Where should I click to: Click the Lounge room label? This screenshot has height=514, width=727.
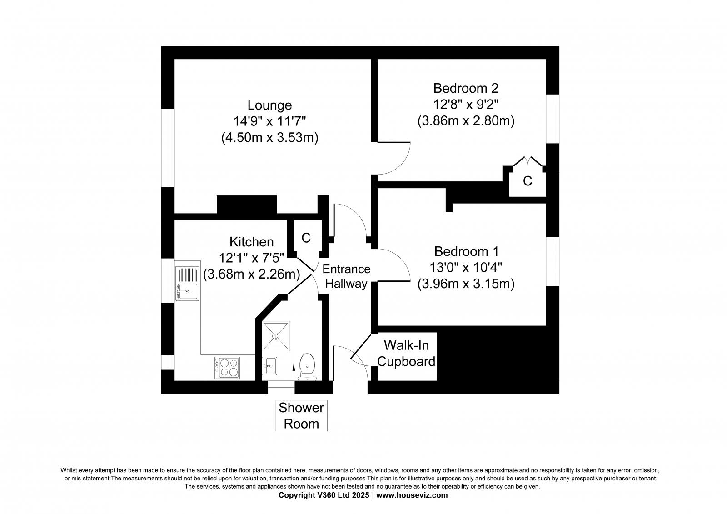coord(269,105)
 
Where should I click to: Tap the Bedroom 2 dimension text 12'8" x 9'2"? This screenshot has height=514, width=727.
coord(466,104)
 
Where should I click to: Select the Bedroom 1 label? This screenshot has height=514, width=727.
coord(466,251)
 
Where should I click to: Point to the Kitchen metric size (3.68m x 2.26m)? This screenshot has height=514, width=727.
coord(252,274)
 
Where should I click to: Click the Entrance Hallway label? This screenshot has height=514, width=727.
coord(346,276)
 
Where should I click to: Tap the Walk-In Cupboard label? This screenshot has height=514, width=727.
coord(406,353)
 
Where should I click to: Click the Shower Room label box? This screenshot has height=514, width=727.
coord(301,415)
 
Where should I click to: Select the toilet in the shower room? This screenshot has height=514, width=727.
coord(308,366)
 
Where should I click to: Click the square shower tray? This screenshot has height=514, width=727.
coord(276,336)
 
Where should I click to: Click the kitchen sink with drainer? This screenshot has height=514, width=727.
coord(187,283)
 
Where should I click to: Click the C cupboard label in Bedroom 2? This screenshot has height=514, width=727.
coord(527,181)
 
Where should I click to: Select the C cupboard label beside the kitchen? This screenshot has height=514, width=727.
coord(306,237)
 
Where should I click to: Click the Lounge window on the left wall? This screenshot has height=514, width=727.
coord(168,148)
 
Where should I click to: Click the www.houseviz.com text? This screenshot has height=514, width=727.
coord(412,495)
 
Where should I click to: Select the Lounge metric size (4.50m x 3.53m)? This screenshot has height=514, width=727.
coord(269,137)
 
